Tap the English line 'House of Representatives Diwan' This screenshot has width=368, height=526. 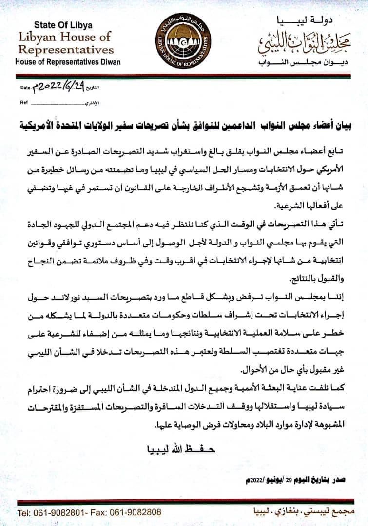tap(68, 62)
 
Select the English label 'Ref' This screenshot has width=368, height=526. tap(23, 103)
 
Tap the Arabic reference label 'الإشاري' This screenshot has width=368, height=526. tap(92, 104)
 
